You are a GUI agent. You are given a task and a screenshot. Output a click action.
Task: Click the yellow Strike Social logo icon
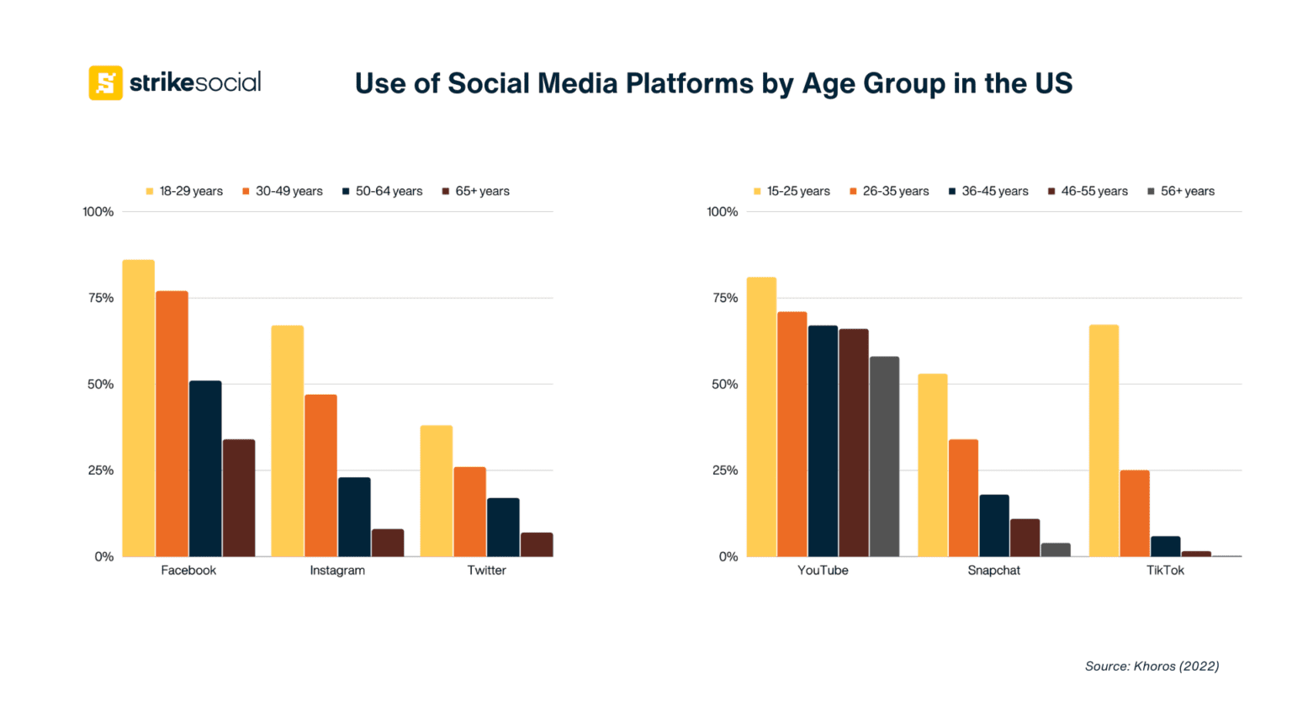point(105,82)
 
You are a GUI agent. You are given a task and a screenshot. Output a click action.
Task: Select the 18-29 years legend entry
point(184,191)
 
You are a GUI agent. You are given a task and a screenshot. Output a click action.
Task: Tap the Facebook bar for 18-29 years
point(139,408)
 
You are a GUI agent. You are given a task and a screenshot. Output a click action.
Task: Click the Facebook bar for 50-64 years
point(205,469)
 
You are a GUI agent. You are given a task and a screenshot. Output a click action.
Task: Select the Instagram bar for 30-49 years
point(320,475)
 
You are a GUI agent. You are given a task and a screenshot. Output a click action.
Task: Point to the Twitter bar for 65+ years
point(537,544)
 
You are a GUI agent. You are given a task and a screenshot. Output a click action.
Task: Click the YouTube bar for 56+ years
point(884,457)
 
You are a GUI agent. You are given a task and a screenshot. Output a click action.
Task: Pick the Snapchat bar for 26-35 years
point(963,498)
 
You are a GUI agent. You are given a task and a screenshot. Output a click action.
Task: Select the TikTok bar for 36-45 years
point(1165,547)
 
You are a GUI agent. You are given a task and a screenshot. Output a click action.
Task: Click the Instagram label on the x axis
point(337,570)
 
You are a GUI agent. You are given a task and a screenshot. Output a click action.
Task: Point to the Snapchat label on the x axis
point(993,570)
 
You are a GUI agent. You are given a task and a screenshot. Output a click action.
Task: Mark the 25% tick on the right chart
point(725,470)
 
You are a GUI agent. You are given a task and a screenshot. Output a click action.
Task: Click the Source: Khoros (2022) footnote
point(1152,666)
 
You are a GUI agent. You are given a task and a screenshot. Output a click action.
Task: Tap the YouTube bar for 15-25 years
point(761,417)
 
